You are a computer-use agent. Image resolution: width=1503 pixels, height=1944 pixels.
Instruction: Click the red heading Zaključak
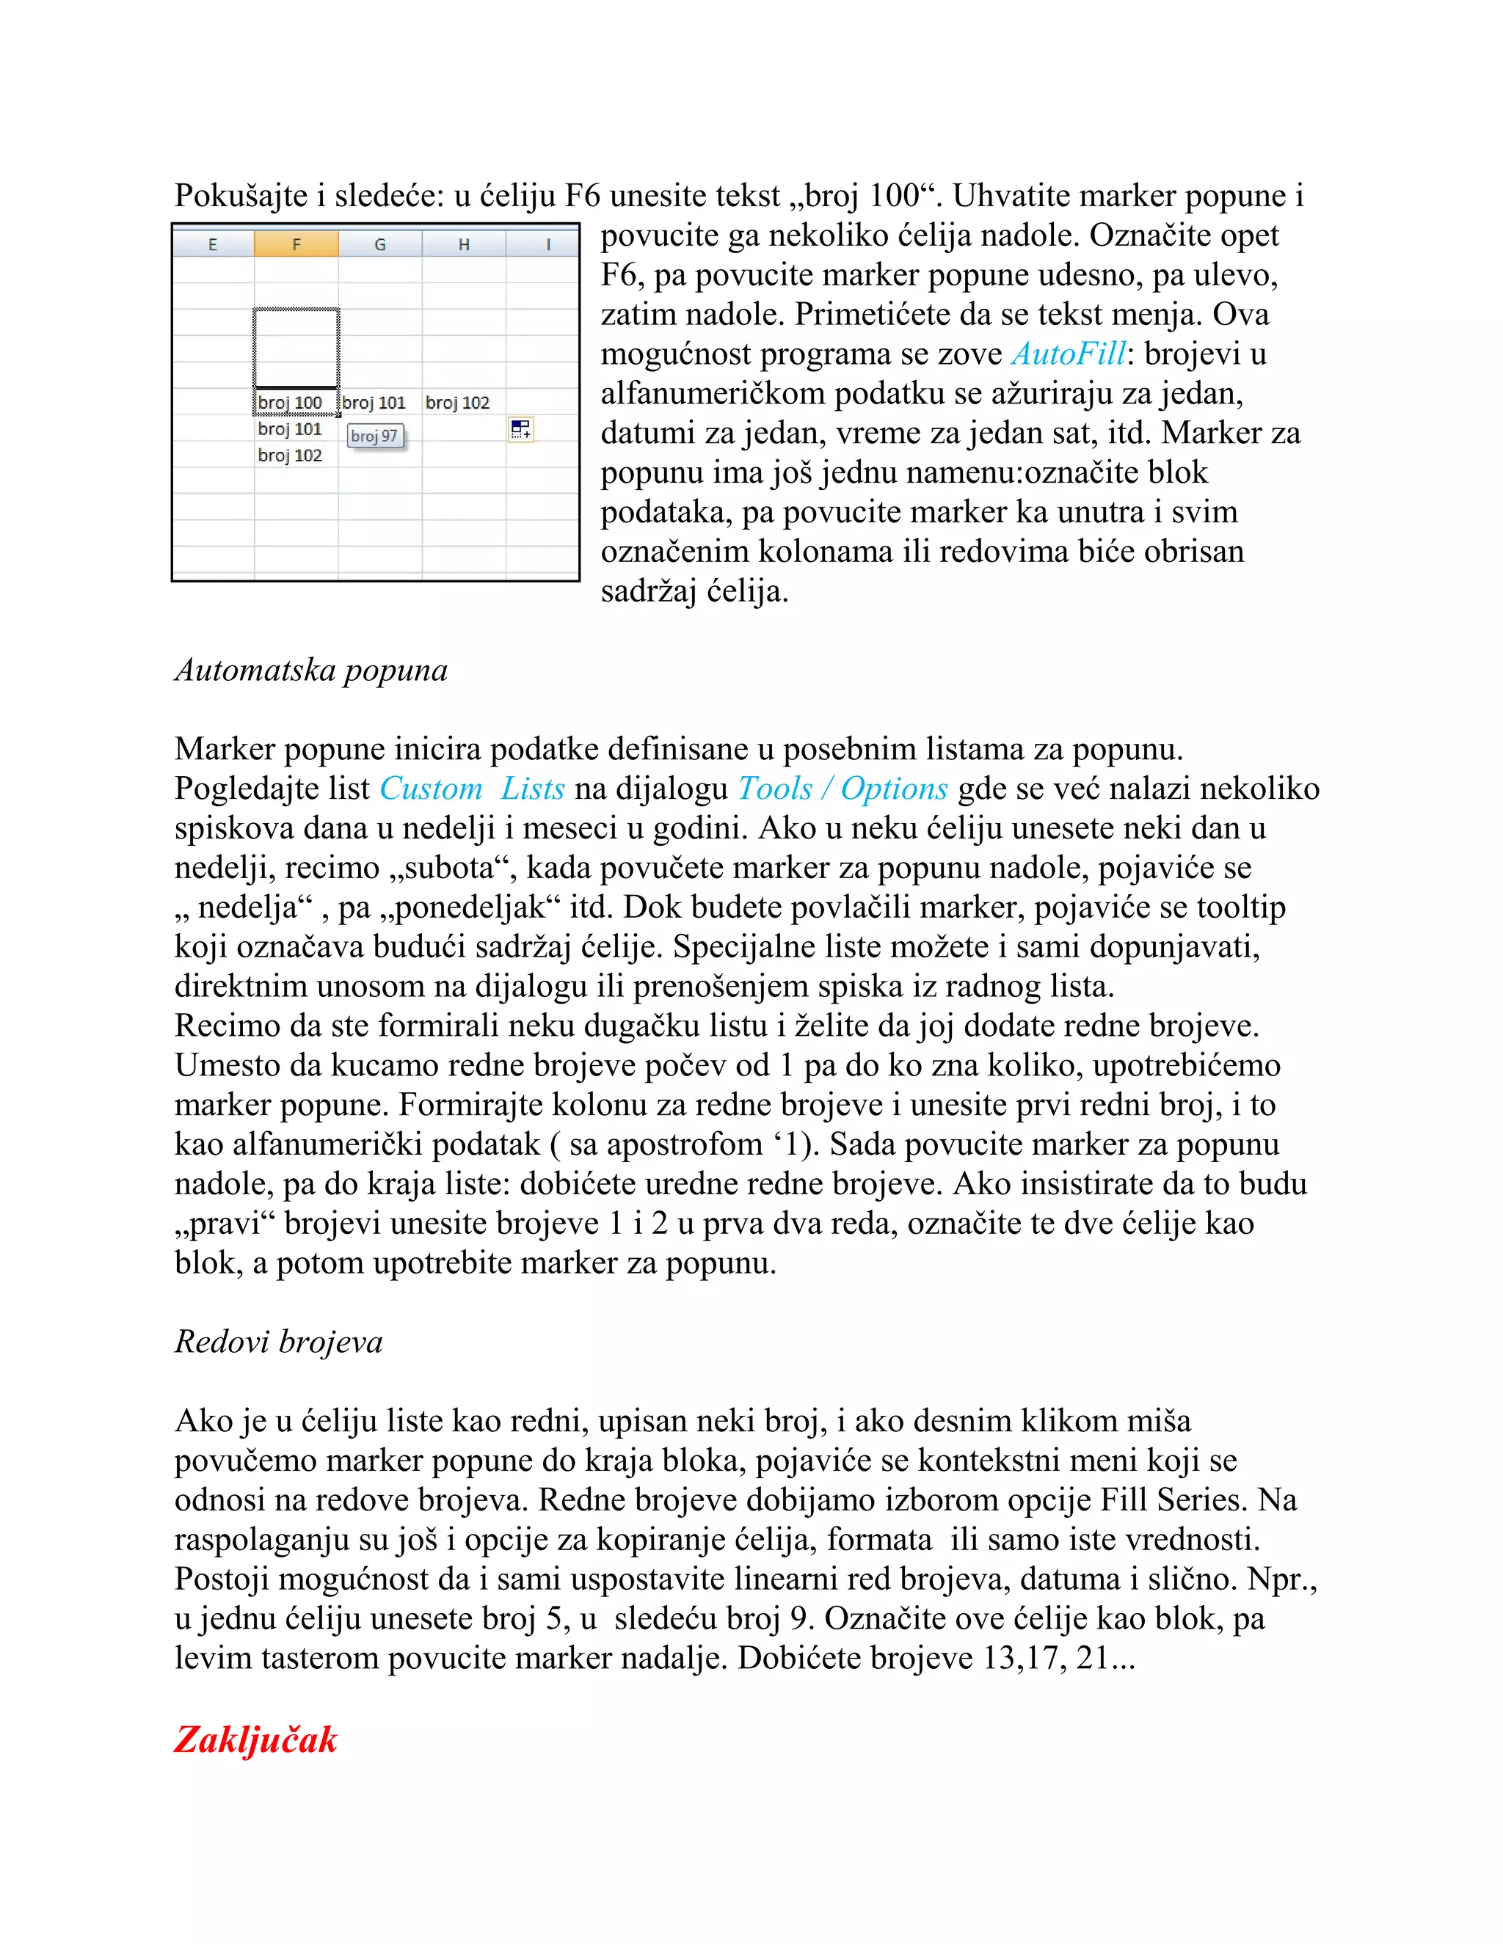(255, 1739)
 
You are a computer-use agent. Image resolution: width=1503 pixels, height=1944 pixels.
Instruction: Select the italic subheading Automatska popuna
(310, 669)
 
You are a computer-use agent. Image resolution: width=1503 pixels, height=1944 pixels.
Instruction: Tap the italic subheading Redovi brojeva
(279, 1342)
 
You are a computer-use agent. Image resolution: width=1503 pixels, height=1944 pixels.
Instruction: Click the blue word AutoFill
(1069, 354)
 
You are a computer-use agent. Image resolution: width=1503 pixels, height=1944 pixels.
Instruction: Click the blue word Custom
(431, 789)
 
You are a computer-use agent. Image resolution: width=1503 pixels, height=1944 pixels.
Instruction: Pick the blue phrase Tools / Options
(843, 789)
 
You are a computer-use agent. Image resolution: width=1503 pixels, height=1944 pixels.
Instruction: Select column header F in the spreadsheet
(296, 244)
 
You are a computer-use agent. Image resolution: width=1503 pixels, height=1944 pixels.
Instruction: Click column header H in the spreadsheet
(464, 244)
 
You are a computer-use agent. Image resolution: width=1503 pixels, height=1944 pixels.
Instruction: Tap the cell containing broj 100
(291, 402)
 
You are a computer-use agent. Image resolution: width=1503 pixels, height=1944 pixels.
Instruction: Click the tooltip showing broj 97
(375, 436)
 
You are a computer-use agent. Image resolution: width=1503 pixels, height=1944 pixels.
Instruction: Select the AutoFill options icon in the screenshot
(521, 430)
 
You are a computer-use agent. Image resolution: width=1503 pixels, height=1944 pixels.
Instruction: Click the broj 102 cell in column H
(458, 402)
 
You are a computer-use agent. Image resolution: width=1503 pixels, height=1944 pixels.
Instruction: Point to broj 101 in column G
(374, 402)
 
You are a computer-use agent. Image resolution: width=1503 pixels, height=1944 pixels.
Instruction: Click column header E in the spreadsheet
(213, 244)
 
